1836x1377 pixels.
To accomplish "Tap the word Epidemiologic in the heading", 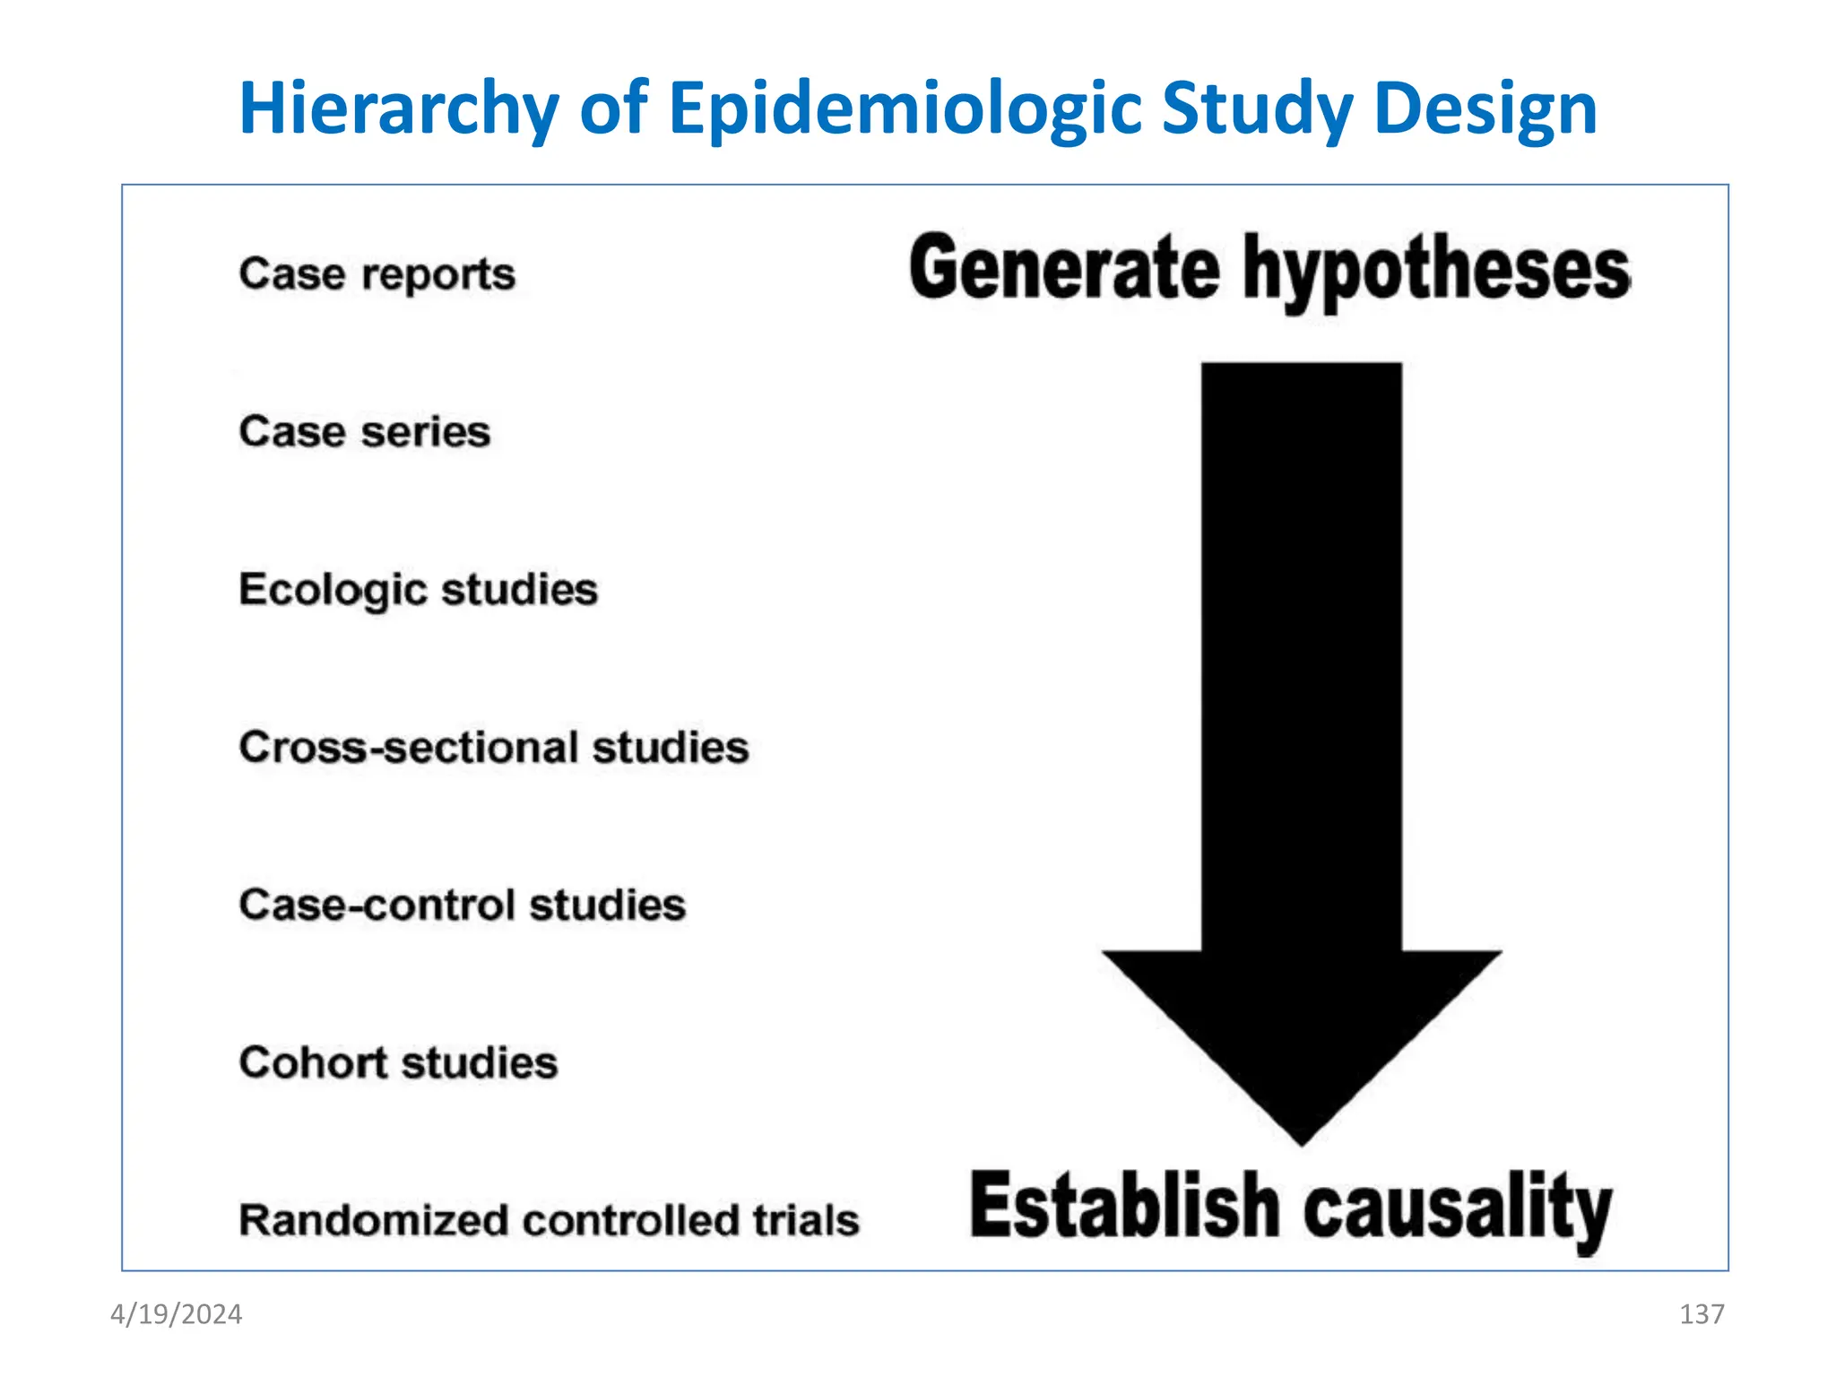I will point(905,109).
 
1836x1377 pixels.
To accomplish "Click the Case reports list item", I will point(377,274).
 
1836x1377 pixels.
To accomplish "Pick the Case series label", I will point(365,432).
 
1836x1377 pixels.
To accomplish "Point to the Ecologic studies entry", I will point(418,590).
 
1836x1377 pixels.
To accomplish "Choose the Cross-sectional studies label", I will point(494,748).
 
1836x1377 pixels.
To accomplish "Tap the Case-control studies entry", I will point(463,905).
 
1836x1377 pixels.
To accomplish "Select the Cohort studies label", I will point(398,1063).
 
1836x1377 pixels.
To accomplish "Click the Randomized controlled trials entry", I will point(549,1221).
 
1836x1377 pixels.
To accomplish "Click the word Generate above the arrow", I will point(1064,269).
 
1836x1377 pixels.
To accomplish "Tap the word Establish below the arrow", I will point(1124,1207).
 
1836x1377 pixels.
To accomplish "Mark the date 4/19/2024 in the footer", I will point(177,1314).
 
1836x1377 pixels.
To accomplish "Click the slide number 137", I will point(1702,1314).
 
